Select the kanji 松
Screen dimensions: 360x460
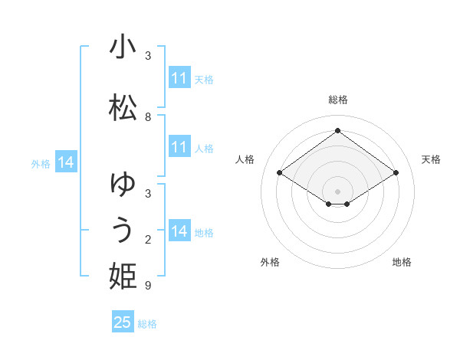(123, 107)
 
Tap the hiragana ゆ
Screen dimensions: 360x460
(123, 185)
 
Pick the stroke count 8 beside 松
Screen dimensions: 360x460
(148, 117)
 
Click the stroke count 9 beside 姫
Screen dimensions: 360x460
(148, 286)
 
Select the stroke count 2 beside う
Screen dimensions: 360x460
(148, 240)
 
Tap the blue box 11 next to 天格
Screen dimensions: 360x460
(179, 78)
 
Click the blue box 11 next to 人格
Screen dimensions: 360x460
(179, 147)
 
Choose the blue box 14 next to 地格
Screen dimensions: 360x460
(179, 231)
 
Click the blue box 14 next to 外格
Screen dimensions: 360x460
(66, 162)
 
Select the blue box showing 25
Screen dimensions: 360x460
(123, 322)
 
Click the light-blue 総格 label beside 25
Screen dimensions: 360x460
(147, 324)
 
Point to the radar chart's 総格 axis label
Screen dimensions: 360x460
(337, 100)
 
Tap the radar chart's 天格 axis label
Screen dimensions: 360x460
(431, 159)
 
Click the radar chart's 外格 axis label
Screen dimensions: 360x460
(270, 262)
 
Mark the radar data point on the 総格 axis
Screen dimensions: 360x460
(337, 131)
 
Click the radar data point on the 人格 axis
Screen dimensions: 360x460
(280, 173)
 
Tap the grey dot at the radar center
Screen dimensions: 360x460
(337, 191)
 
